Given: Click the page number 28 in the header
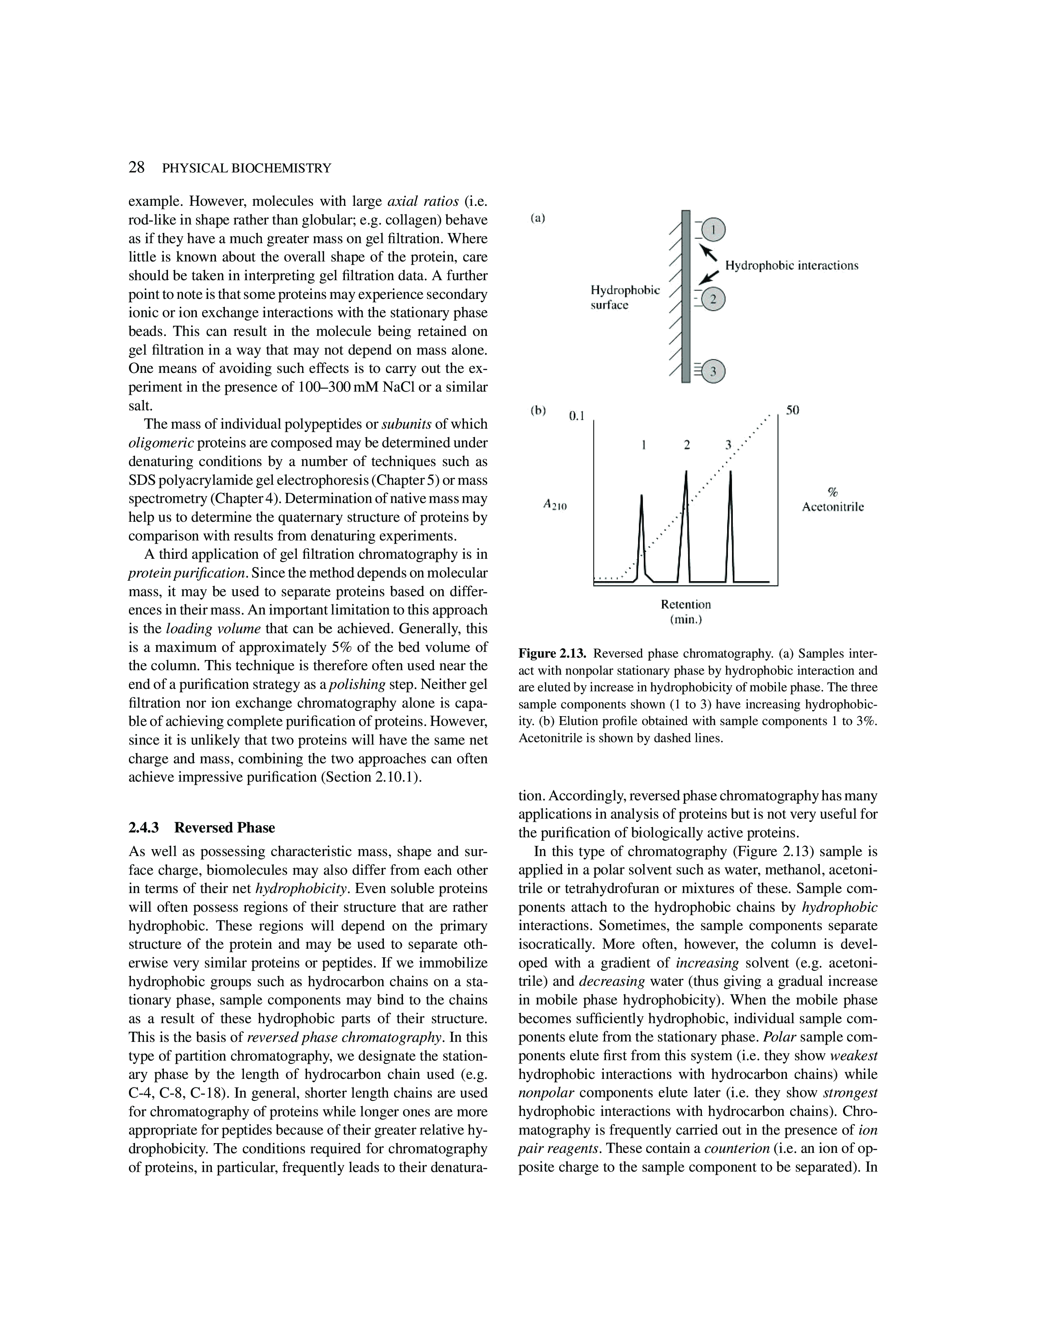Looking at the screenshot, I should pos(136,167).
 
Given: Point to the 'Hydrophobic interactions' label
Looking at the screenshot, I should pos(791,266).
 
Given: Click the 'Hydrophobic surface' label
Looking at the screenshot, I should pos(625,297).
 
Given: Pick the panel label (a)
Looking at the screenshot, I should pos(538,218).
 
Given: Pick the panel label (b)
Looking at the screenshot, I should pos(538,410).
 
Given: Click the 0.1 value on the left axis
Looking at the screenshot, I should pos(576,416).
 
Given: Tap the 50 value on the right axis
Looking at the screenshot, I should pos(793,410).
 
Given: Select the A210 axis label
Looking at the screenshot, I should pos(555,505).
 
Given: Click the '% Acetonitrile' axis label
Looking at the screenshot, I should pos(832,499).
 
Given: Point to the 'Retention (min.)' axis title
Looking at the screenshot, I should pos(686,611).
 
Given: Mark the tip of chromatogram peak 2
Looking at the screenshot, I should pos(686,471).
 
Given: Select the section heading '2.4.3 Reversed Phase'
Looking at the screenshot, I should pos(201,828).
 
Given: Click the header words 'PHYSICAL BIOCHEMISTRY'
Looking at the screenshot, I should pos(246,168).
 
